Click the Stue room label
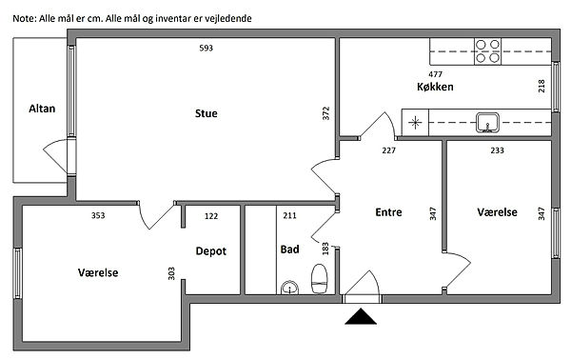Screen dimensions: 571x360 (x=207, y=113)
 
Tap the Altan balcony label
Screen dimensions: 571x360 (x=42, y=109)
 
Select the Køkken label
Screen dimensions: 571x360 (x=435, y=87)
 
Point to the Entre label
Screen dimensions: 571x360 (x=388, y=212)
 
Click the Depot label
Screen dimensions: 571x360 (x=211, y=251)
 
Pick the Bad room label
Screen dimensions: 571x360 (x=290, y=250)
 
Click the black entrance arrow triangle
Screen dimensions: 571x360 (x=361, y=316)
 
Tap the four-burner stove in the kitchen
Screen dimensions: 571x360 (x=487, y=51)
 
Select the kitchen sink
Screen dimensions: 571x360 (x=487, y=123)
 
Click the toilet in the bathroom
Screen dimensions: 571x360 (x=320, y=279)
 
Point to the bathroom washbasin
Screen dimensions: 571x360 (x=290, y=288)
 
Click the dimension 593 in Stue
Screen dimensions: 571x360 (x=207, y=49)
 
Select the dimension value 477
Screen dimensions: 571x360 (x=435, y=74)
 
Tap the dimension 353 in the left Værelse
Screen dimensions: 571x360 (x=98, y=215)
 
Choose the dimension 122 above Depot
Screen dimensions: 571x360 (x=211, y=216)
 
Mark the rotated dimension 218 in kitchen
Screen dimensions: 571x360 (x=541, y=86)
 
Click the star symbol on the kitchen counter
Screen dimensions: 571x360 (x=415, y=123)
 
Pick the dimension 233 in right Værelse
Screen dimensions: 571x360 (x=497, y=150)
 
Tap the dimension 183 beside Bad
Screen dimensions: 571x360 (x=325, y=249)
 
